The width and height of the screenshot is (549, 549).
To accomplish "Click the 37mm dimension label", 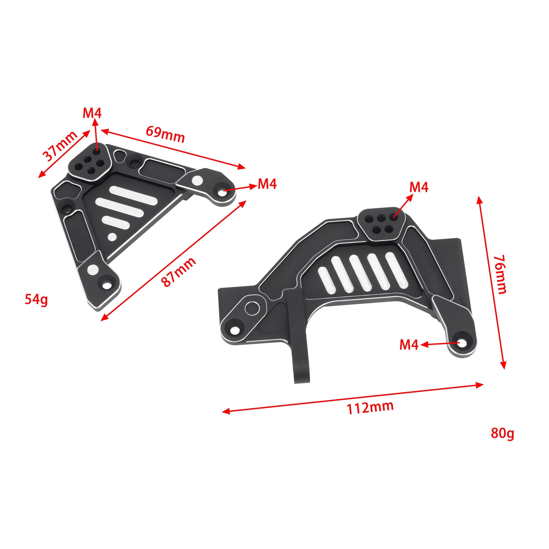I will pos(60,147).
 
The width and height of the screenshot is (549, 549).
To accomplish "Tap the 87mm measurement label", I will pos(179,272).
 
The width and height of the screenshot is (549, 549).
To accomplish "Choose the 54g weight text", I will pos(36,300).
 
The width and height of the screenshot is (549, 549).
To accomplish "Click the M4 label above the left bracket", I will pos(92,114).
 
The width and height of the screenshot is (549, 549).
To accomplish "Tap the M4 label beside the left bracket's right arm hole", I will pos(267,184).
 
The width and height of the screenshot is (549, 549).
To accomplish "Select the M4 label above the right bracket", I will pos(419,187).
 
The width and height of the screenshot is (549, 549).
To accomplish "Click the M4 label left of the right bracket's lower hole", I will pos(409,345).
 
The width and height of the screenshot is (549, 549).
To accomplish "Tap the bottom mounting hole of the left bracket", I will pos(107,285).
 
